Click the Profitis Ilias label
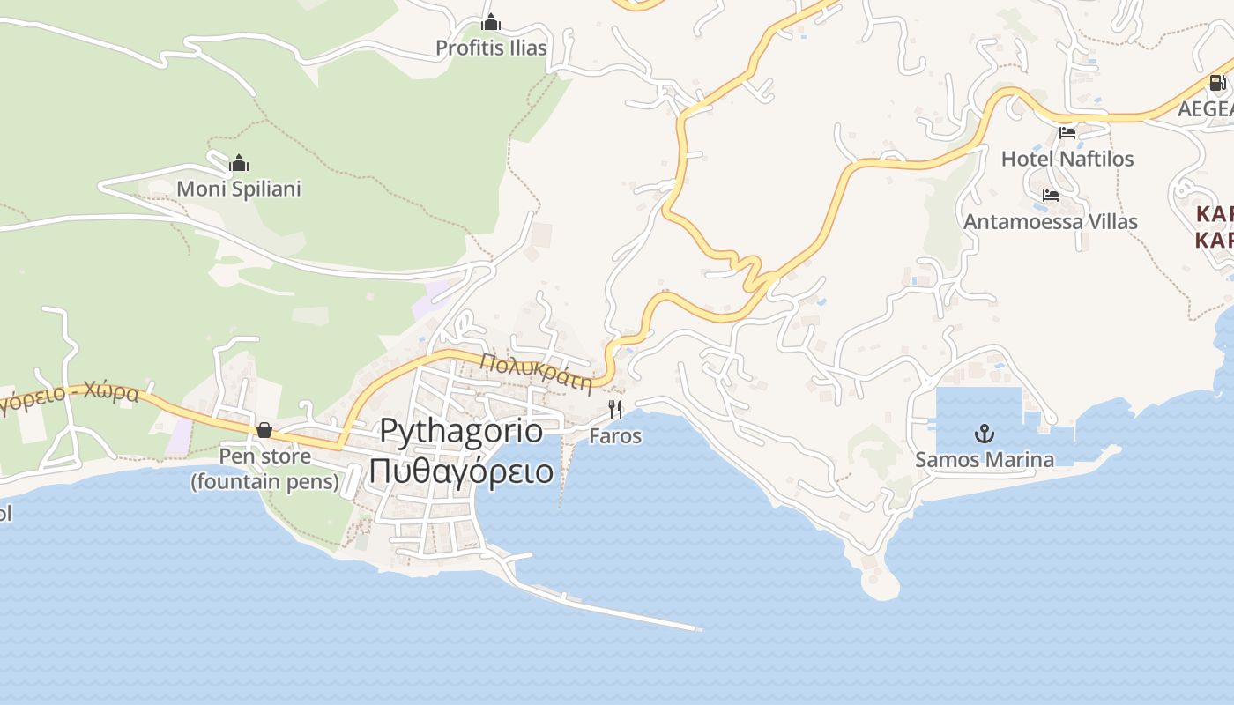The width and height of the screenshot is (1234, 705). (491, 48)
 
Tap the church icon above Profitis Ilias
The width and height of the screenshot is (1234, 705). (491, 22)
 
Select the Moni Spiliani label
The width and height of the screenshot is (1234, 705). (239, 189)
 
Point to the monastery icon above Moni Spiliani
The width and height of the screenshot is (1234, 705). (239, 163)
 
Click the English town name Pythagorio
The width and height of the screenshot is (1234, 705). (462, 430)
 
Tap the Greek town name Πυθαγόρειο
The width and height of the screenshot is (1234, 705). (461, 471)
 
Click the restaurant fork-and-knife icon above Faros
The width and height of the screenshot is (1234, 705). (615, 410)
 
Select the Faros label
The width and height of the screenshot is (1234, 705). (615, 436)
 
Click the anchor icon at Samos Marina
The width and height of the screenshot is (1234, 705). (984, 433)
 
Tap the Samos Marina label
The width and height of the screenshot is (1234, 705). (984, 459)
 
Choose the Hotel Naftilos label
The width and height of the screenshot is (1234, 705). (1067, 159)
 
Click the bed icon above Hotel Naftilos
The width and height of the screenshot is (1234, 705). (1067, 133)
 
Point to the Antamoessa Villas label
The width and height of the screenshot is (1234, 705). (1050, 221)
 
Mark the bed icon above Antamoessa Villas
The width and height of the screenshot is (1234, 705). (1050, 196)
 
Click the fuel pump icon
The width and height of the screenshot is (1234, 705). (1217, 83)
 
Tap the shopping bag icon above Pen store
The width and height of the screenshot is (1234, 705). (264, 430)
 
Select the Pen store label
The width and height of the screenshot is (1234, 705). (264, 456)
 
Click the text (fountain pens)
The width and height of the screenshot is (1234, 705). (264, 481)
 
